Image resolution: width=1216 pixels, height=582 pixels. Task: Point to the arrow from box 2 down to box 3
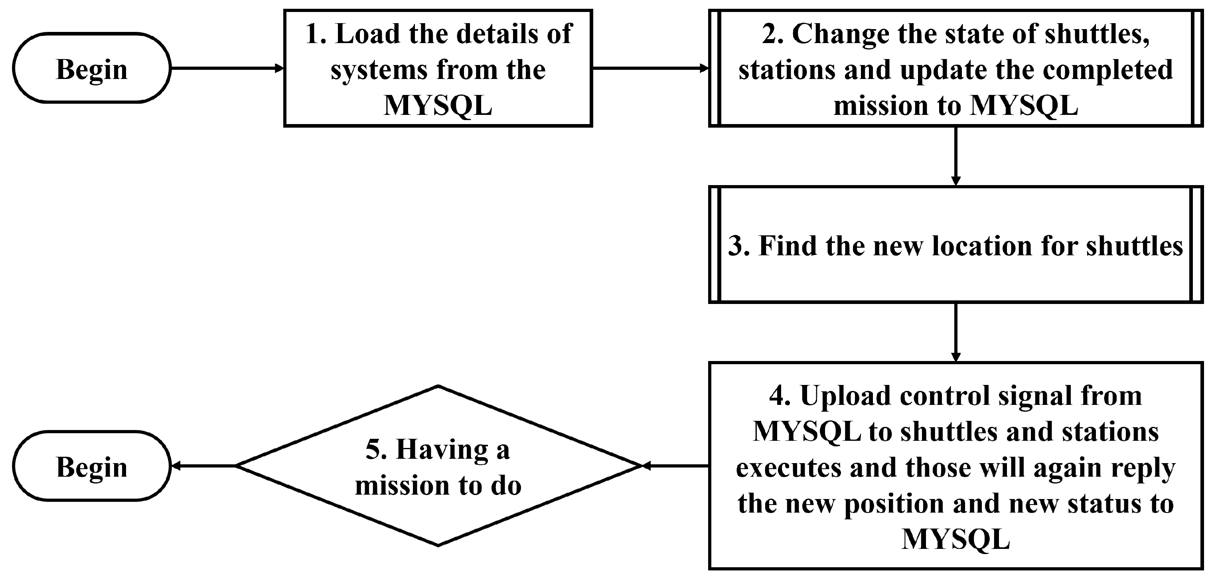pos(955,156)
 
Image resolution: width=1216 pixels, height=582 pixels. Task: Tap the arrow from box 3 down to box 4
pos(955,332)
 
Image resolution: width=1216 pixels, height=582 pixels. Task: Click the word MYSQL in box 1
pos(438,105)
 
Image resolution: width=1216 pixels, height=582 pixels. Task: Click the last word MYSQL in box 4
pos(955,538)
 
